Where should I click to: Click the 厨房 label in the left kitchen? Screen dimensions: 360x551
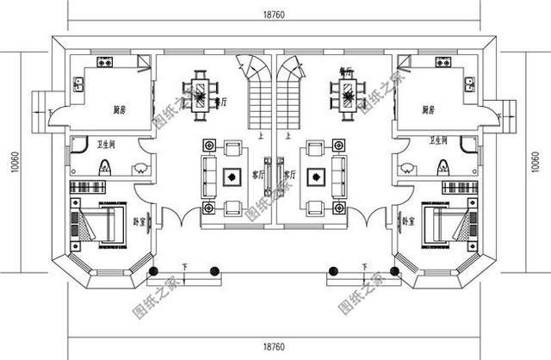(x=121, y=110)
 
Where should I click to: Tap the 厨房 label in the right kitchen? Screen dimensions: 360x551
(x=428, y=110)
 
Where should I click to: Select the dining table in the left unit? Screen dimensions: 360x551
(x=201, y=90)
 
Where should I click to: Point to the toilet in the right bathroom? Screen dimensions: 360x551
(x=444, y=168)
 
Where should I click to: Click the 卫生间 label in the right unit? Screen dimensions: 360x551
(x=446, y=143)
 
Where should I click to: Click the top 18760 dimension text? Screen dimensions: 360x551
(x=275, y=13)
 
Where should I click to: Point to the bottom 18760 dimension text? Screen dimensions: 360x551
(x=275, y=345)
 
